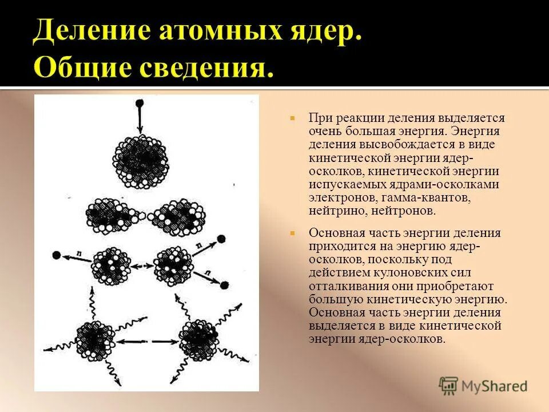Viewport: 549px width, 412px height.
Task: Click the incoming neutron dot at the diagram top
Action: click(x=139, y=103)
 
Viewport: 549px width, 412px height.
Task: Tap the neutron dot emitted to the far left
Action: click(x=57, y=255)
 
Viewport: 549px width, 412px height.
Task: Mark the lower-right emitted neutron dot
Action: click(x=225, y=284)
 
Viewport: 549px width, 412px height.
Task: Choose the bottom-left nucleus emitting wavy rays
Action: click(x=94, y=340)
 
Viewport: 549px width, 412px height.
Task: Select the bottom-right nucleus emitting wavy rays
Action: click(x=197, y=340)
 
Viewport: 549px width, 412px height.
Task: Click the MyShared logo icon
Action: click(x=449, y=386)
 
